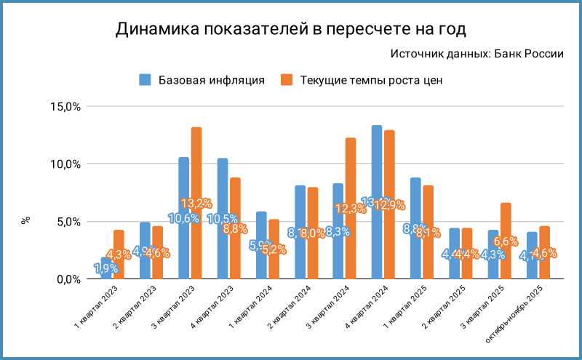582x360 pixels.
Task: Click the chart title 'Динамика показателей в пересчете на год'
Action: [290, 29]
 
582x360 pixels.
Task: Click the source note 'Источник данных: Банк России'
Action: [477, 54]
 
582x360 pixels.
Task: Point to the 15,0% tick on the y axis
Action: [64, 106]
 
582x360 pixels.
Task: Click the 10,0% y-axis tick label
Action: [64, 164]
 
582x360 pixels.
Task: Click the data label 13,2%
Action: [196, 204]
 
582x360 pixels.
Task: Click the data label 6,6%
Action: [506, 241]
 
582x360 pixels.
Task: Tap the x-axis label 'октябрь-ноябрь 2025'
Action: [518, 320]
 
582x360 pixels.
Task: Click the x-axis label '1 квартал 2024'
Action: [251, 314]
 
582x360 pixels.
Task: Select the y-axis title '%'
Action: [26, 220]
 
